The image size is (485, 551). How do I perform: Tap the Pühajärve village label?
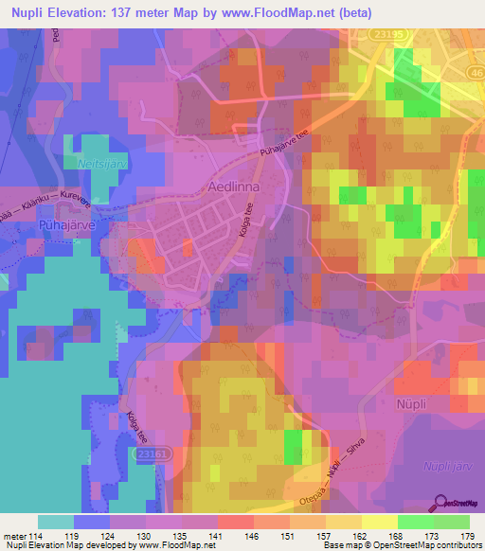(38, 227)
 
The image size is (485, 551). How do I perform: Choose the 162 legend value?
(359, 536)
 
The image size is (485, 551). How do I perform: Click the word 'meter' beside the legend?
(16, 536)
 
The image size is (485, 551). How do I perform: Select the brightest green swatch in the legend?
(415, 522)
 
